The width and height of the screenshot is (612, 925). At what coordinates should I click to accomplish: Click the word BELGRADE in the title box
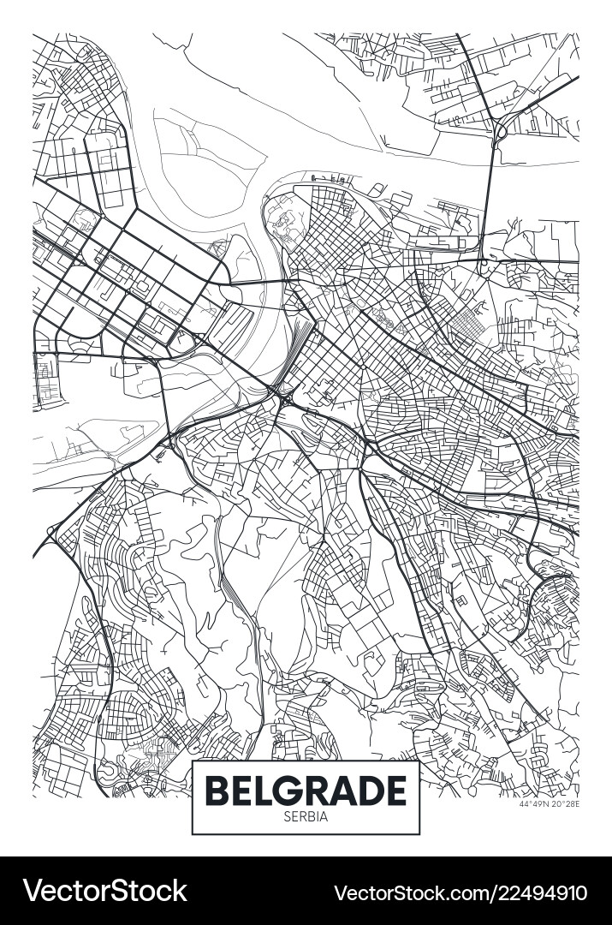306,790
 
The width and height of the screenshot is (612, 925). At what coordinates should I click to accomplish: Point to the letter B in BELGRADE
219,790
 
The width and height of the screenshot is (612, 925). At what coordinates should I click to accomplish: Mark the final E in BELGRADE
394,790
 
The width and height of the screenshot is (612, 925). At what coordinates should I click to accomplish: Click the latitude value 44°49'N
533,803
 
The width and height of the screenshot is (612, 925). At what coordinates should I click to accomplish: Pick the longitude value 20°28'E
564,803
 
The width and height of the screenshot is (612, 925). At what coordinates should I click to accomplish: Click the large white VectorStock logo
104,891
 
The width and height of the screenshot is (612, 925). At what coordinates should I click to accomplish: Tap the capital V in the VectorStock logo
33,891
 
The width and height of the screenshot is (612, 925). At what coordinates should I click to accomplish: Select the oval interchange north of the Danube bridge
499,129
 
